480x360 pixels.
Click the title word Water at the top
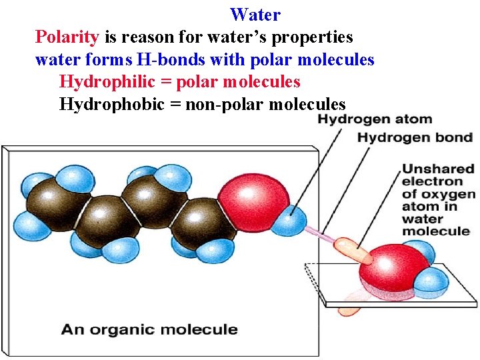tap(255, 14)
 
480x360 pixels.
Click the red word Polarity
tap(67, 37)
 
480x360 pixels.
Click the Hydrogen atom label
tap(374, 120)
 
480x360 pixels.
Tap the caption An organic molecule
tap(149, 329)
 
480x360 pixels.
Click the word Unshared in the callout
tap(437, 169)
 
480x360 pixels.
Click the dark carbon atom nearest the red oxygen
tap(207, 222)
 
